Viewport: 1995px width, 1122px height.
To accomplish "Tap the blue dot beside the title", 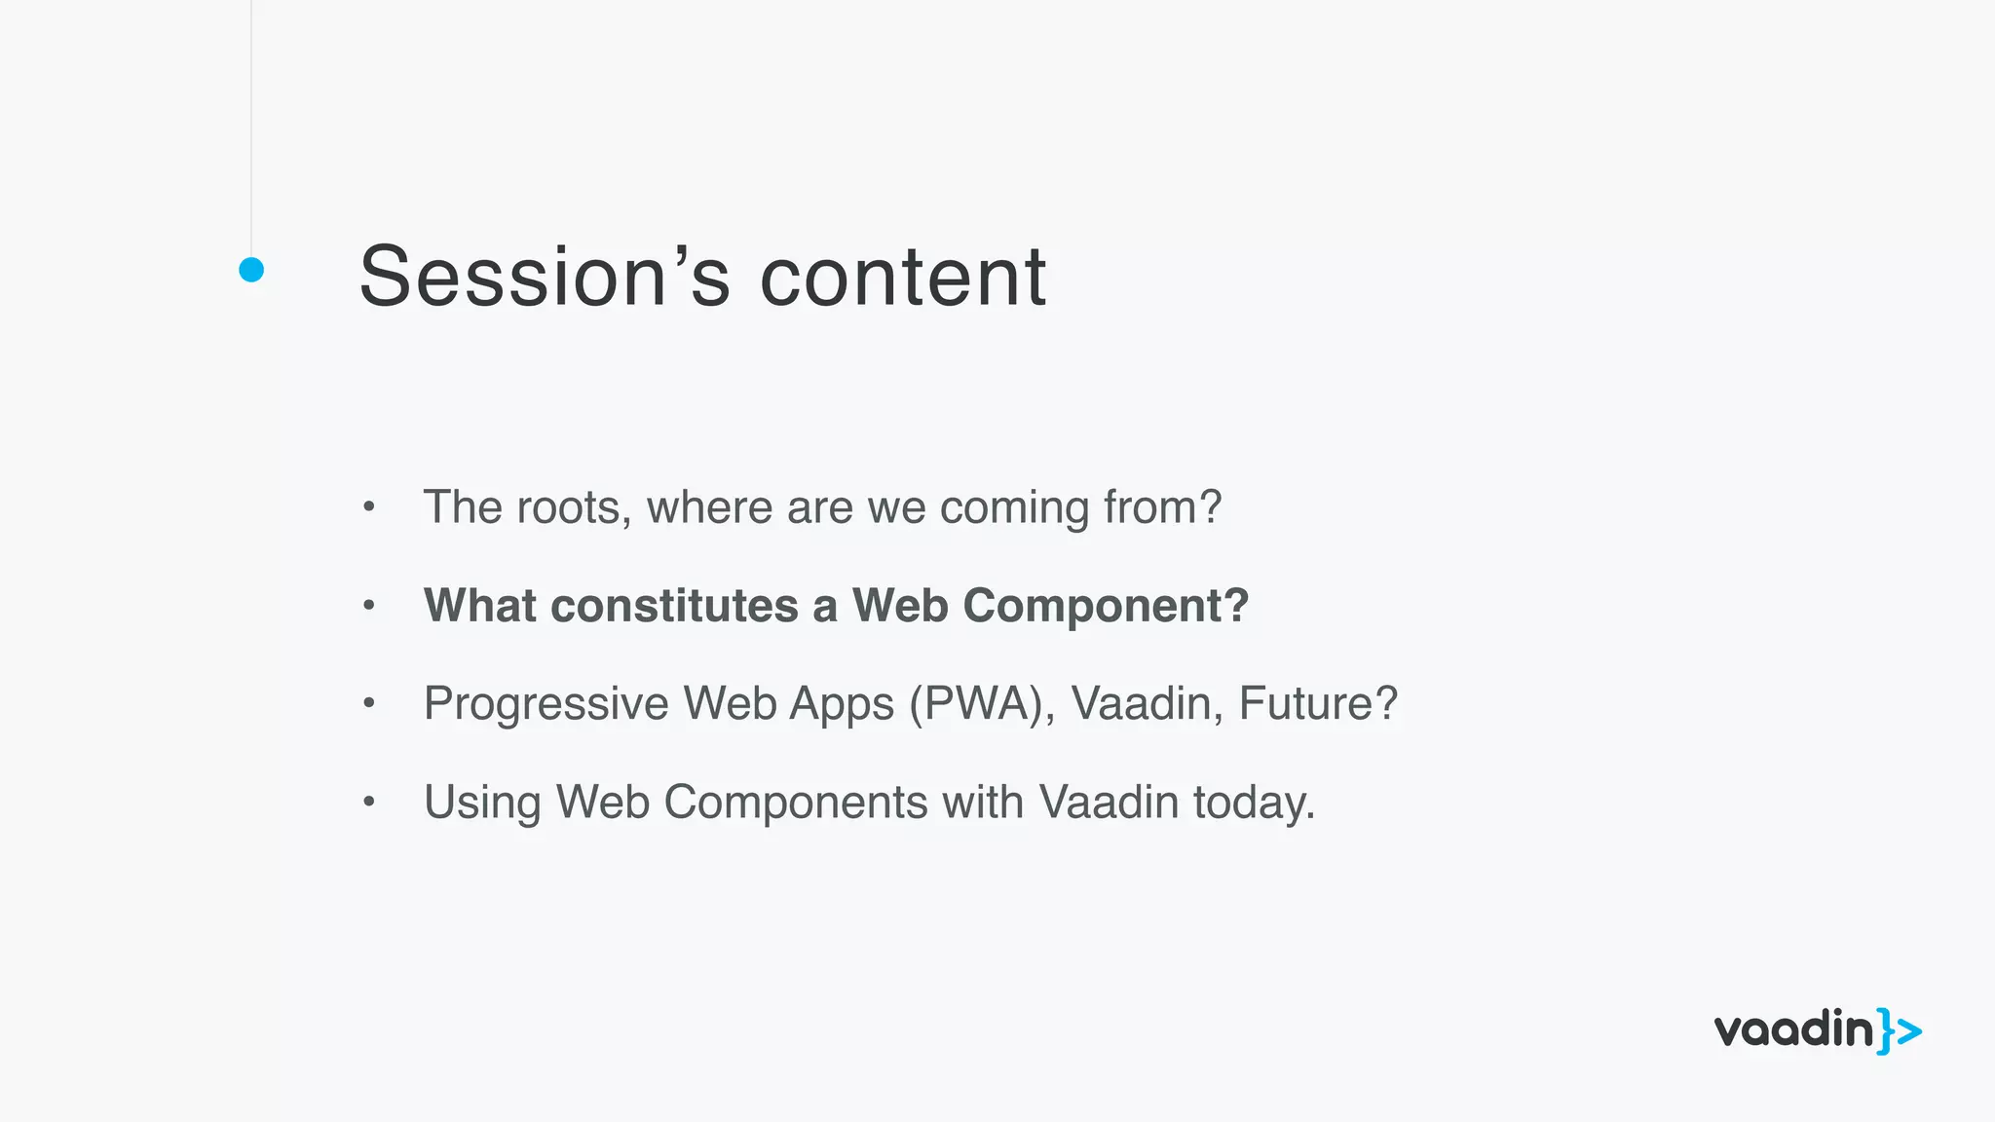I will (x=251, y=270).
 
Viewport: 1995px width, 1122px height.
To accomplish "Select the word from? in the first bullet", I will (x=1162, y=507).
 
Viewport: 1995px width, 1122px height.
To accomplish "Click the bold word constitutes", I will (x=674, y=606).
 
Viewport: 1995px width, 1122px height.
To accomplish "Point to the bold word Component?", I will (x=1106, y=606).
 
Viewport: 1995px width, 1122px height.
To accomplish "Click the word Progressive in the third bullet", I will (x=546, y=704).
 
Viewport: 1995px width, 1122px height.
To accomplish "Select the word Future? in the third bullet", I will (x=1318, y=704).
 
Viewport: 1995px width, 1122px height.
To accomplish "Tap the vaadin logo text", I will (x=1793, y=1030).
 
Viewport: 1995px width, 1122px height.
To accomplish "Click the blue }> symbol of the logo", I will (x=1900, y=1030).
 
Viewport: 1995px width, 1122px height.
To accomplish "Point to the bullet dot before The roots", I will (x=368, y=506).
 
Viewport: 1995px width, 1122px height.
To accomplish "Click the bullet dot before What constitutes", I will (x=368, y=605).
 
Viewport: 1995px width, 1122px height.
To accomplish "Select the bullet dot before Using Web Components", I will (x=368, y=803).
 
